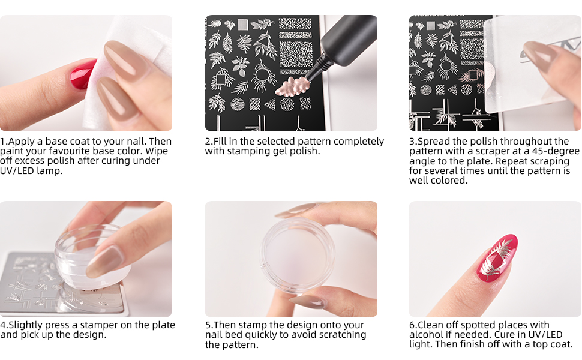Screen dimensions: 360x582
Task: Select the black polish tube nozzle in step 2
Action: point(316,61)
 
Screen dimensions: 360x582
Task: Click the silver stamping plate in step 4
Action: point(36,282)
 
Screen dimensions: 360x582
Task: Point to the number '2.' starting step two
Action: point(209,142)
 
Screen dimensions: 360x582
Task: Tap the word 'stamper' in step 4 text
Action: point(85,325)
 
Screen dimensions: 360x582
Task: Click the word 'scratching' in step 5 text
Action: point(340,335)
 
